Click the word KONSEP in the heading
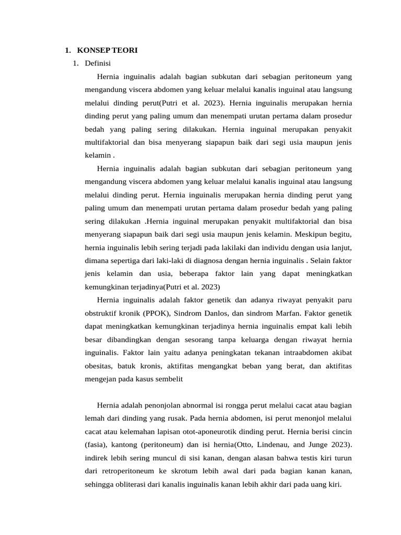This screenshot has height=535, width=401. (93, 51)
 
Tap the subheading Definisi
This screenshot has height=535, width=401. (98, 64)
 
